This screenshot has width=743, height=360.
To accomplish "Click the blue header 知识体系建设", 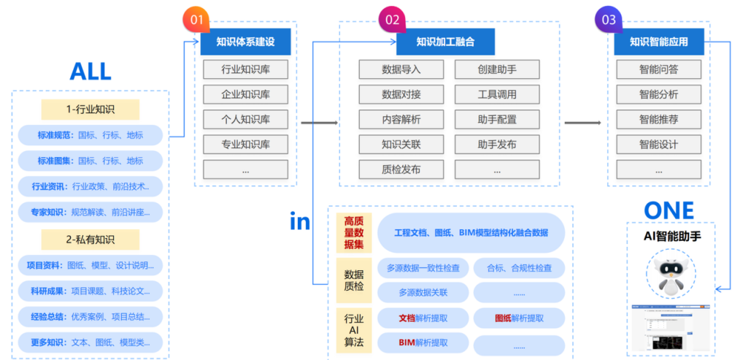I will (245, 42).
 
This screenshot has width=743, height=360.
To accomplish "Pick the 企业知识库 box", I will (245, 95).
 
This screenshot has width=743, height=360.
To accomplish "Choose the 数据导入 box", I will (401, 70).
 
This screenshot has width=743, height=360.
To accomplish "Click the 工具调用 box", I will (497, 95).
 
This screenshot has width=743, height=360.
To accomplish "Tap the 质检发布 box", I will (401, 169).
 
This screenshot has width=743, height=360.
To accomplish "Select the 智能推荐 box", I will (658, 120).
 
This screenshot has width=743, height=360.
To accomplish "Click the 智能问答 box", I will (658, 70).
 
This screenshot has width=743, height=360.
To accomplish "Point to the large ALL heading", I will (91, 72).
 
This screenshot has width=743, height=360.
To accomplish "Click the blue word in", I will (300, 221).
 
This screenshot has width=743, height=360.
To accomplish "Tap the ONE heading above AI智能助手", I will (669, 210).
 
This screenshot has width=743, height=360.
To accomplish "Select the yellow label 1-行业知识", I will (90, 110).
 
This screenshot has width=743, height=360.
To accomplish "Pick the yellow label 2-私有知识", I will (90, 240).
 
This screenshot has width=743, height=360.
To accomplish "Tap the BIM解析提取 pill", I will (423, 342).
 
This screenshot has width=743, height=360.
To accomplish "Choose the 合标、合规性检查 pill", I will (519, 268).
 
